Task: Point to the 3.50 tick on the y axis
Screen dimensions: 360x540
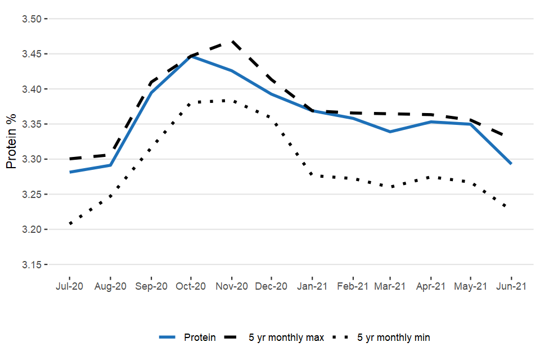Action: pyautogui.click(x=32, y=19)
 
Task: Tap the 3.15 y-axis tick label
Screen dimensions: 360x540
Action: pyautogui.click(x=32, y=264)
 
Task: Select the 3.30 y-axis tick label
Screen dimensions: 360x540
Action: pyautogui.click(x=32, y=159)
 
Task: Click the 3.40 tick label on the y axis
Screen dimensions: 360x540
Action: pyautogui.click(x=32, y=89)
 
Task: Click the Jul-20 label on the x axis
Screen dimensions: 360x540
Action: pyautogui.click(x=70, y=286)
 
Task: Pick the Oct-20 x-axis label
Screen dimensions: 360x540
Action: pyautogui.click(x=191, y=286)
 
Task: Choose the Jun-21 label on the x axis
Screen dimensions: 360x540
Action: pyautogui.click(x=511, y=286)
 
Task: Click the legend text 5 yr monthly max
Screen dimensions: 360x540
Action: pyautogui.click(x=286, y=337)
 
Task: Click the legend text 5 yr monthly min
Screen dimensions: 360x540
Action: pyautogui.click(x=394, y=337)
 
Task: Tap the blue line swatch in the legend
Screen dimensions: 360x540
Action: pyautogui.click(x=168, y=337)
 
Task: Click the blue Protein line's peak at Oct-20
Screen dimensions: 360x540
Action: pyautogui.click(x=191, y=56)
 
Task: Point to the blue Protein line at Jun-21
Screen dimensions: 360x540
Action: pyautogui.click(x=511, y=164)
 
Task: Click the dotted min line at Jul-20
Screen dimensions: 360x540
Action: pyautogui.click(x=70, y=224)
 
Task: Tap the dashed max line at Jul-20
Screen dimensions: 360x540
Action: pyautogui.click(x=70, y=159)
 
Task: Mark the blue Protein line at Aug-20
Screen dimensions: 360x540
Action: pyautogui.click(x=110, y=165)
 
